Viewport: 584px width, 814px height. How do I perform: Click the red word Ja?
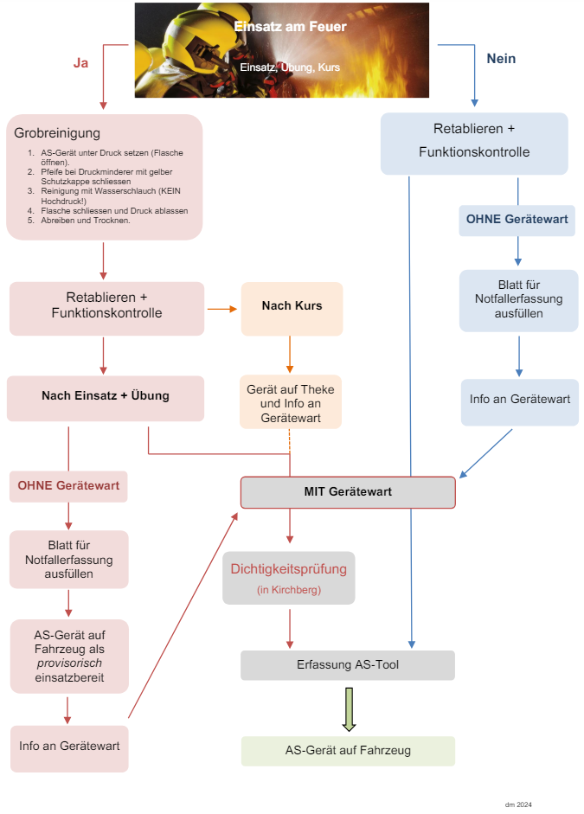80,63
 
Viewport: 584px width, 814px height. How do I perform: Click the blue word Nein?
501,59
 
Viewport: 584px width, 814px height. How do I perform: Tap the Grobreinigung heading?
57,133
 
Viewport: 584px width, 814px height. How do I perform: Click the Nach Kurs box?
292,306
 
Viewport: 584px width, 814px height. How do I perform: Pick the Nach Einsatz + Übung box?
106,396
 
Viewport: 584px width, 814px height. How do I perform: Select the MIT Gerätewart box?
348,491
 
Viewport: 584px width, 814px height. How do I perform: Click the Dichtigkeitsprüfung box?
288,577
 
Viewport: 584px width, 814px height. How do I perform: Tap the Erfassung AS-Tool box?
347,665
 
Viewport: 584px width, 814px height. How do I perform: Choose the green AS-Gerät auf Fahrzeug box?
347,751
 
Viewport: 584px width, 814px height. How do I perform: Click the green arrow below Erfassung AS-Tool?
349,708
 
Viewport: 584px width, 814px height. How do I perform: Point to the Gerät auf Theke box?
291,402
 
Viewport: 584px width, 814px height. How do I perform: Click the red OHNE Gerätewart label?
68,486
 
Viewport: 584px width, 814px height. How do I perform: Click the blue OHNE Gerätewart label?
517,220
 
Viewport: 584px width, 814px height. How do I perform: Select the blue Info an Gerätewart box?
519,400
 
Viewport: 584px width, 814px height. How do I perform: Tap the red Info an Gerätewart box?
69,746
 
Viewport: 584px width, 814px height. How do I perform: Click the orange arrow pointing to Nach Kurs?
222,309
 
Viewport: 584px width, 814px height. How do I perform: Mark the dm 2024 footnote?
518,804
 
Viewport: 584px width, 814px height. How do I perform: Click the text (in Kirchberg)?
288,589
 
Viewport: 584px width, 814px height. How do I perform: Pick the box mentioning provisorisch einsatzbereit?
69,655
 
